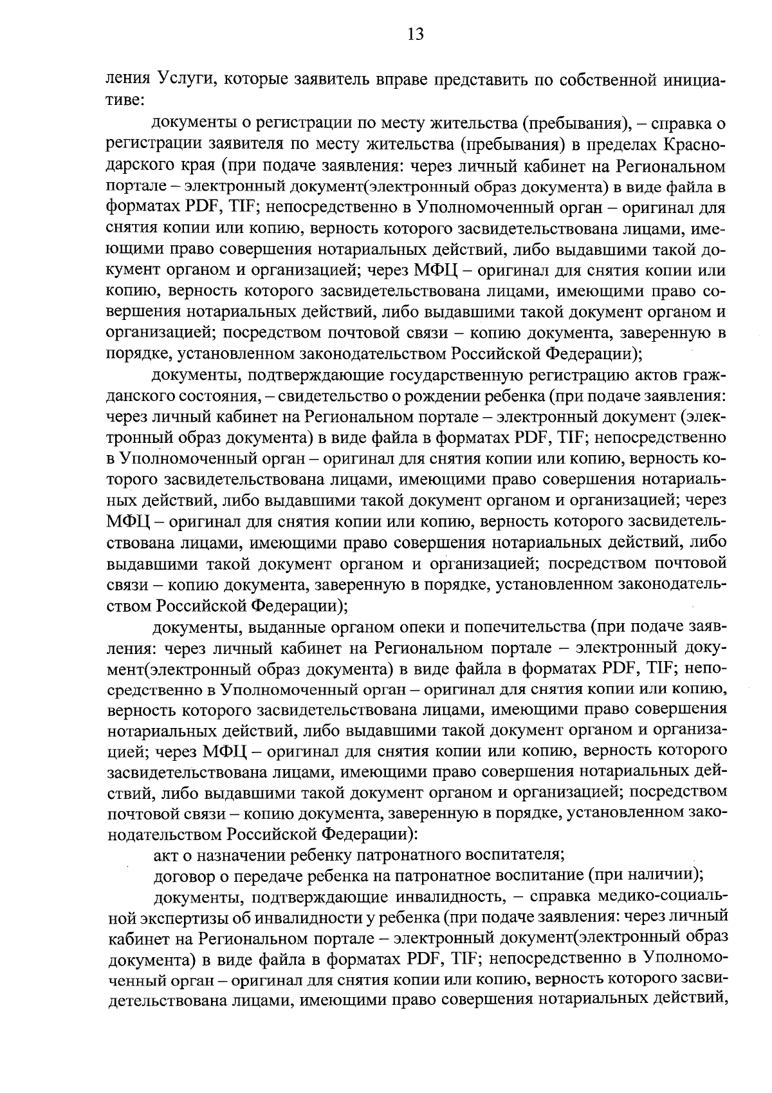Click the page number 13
coord(415,34)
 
